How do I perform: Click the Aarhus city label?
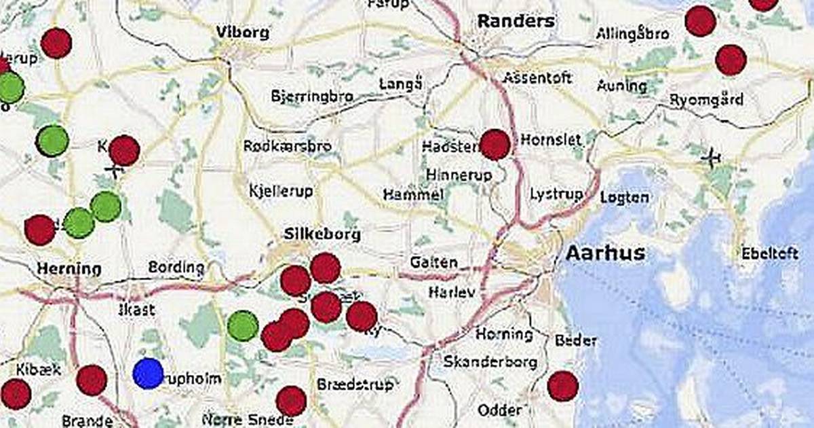tap(605, 253)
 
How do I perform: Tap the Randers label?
tap(516, 21)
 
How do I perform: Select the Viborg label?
tap(242, 32)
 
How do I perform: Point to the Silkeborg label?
tap(322, 234)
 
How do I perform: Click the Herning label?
tap(69, 268)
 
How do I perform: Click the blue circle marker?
tap(149, 374)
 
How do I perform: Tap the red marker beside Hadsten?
tap(495, 145)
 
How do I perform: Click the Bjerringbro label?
tap(311, 96)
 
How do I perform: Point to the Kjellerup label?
tap(281, 191)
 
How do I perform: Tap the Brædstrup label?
tap(355, 385)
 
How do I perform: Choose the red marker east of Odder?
tap(562, 386)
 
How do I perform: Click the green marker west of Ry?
tap(243, 326)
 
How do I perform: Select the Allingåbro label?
tap(632, 34)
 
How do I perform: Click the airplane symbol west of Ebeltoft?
tap(711, 158)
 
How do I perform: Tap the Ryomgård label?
tap(706, 99)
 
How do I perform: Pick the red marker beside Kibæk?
tap(16, 394)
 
